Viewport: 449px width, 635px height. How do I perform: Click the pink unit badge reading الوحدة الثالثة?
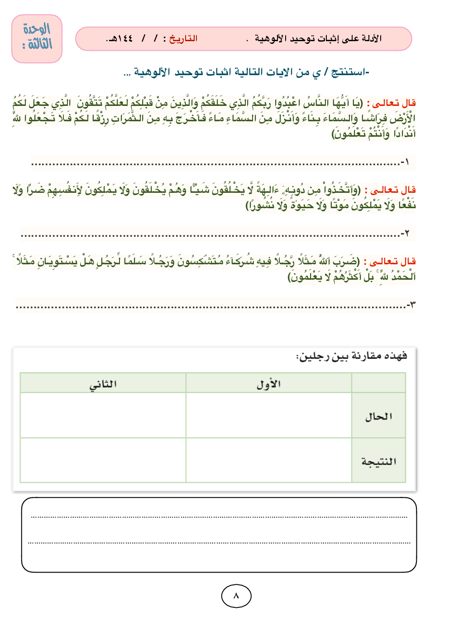click(x=37, y=38)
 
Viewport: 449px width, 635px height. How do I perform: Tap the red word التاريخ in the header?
click(x=183, y=38)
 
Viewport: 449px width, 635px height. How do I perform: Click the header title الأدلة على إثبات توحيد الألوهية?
click(x=318, y=38)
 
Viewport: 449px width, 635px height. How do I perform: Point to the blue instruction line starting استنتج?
click(x=247, y=72)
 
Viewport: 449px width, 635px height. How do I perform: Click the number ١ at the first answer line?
click(x=406, y=162)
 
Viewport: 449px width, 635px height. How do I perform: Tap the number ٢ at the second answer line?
click(x=406, y=234)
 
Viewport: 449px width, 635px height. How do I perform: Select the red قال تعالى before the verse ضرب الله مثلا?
click(x=393, y=262)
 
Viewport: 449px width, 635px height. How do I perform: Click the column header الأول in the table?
click(x=268, y=384)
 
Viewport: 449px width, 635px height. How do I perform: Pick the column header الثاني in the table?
click(x=103, y=384)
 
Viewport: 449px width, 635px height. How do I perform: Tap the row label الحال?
click(x=378, y=416)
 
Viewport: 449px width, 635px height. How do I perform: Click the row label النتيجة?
click(x=378, y=461)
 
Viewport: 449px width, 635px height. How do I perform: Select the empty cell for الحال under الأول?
click(x=268, y=415)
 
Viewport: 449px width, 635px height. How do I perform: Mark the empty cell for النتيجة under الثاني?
click(x=103, y=460)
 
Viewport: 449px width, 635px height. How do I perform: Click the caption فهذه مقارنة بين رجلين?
click(x=352, y=357)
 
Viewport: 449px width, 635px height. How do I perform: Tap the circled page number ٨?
click(x=236, y=596)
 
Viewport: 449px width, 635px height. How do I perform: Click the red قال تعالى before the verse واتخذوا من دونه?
click(x=393, y=190)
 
